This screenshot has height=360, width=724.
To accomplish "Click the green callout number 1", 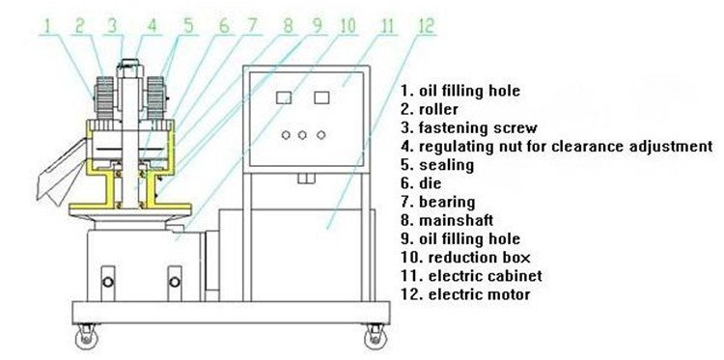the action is (x=49, y=26).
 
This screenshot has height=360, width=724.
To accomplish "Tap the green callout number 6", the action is (x=224, y=26).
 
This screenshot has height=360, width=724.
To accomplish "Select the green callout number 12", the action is (x=426, y=26).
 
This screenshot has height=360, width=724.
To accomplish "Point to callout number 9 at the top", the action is (x=317, y=26).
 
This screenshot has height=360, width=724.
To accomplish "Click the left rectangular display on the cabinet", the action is (x=284, y=97).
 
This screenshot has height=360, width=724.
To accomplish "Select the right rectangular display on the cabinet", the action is (x=321, y=97).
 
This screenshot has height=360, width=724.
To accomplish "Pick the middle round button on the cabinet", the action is (x=302, y=135).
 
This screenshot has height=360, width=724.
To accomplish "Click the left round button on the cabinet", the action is (x=286, y=135).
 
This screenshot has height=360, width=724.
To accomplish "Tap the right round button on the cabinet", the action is (x=320, y=135).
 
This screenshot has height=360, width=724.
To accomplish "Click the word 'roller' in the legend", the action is (x=438, y=109).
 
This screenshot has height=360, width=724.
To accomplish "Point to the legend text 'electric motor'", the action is (x=479, y=294).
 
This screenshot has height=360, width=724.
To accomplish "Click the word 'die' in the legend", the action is (x=431, y=183).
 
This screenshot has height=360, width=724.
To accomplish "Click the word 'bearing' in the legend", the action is (x=447, y=202).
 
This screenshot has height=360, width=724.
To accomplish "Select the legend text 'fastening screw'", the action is (x=479, y=127).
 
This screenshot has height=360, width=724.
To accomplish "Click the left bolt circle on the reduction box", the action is (x=107, y=282).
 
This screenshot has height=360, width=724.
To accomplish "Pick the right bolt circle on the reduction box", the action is (x=175, y=282).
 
